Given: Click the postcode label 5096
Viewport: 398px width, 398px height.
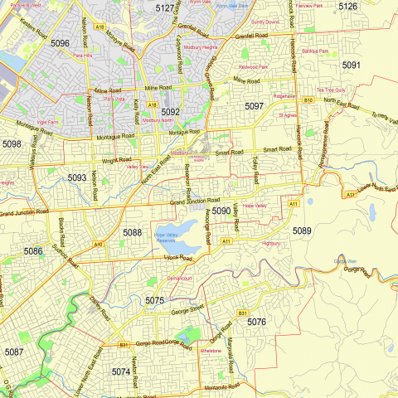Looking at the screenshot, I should [60, 42].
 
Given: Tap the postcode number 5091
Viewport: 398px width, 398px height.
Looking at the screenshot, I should [351, 65].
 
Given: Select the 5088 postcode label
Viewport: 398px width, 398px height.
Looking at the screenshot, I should [133, 233].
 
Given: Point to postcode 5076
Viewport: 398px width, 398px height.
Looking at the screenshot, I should [257, 322].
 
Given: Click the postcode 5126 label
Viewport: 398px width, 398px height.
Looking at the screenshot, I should [347, 7].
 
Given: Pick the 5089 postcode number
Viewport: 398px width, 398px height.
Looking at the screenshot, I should [302, 231].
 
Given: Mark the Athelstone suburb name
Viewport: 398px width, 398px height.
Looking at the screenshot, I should [211, 352].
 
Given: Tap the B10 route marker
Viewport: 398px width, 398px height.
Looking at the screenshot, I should [308, 100].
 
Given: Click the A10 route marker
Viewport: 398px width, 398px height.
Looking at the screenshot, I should [98, 245].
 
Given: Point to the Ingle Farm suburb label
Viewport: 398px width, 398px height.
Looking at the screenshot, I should [47, 122].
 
